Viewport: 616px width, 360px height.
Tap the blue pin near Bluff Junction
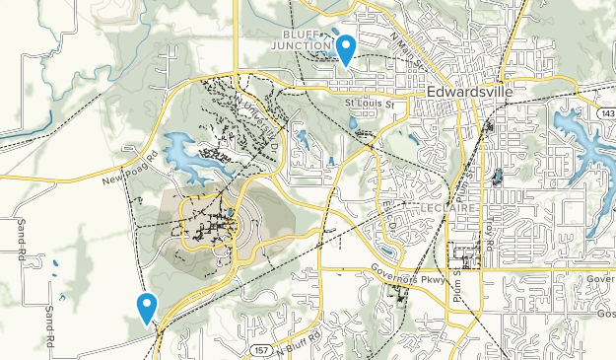[x=345, y=47]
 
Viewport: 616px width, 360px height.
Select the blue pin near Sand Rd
[x=147, y=308]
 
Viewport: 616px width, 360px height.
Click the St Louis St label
[x=368, y=103]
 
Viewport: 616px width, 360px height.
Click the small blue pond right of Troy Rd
[x=497, y=179]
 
